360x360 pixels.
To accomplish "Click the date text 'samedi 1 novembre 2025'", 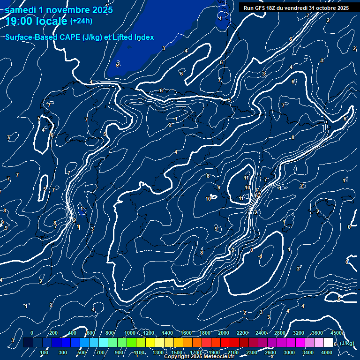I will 59,10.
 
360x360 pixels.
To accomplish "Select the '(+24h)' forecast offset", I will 81,21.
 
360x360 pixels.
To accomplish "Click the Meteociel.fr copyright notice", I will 199,356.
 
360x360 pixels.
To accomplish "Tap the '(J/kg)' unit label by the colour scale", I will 347,343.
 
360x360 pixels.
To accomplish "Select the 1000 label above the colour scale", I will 130,333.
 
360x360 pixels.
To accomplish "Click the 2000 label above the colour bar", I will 224,333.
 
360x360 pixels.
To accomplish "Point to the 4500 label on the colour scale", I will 336,333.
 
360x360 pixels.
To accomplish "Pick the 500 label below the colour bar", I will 82,352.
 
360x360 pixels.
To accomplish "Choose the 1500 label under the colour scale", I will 177,352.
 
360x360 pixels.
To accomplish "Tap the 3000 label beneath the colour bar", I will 289,352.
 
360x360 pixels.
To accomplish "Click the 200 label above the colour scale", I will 53,333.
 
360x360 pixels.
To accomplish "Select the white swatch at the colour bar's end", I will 328,343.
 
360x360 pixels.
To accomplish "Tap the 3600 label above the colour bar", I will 317,333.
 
